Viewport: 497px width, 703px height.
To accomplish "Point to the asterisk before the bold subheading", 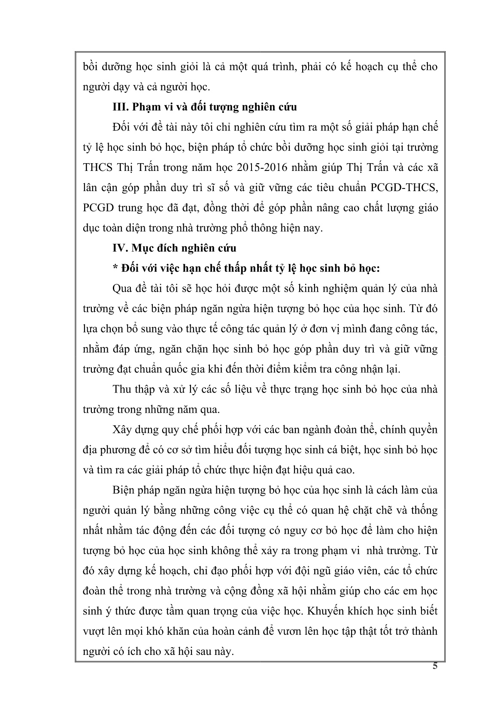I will [x=114, y=268].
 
